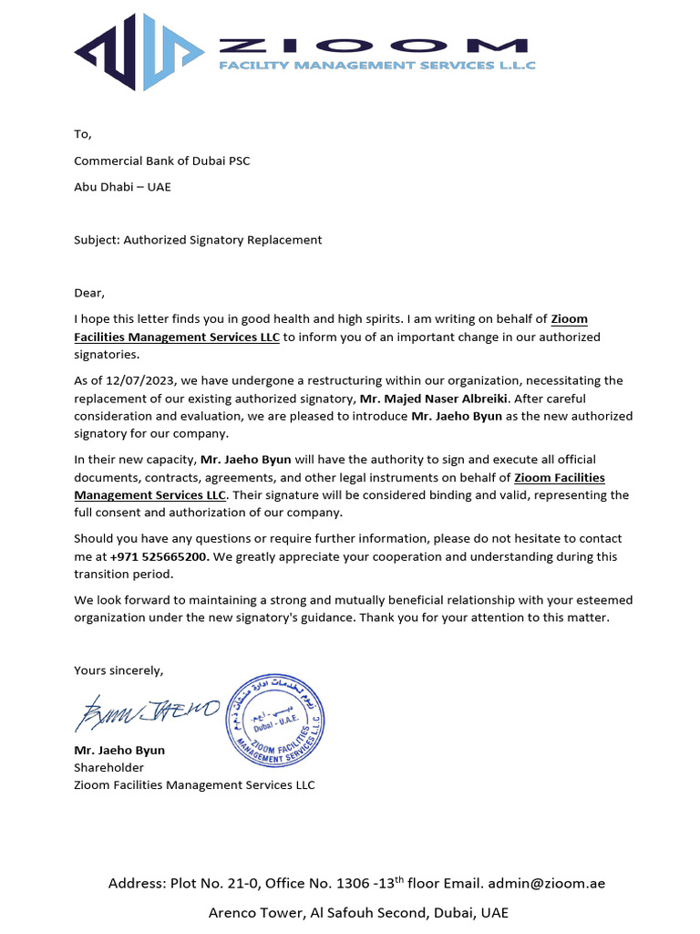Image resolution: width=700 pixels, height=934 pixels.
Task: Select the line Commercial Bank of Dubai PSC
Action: pyautogui.click(x=161, y=161)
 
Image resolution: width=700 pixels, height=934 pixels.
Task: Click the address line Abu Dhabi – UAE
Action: pyautogui.click(x=122, y=187)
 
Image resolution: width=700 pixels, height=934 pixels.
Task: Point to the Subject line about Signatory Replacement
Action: pyautogui.click(x=198, y=240)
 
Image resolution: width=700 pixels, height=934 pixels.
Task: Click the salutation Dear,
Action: pyautogui.click(x=89, y=293)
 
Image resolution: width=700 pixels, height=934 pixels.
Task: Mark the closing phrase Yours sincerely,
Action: pyautogui.click(x=118, y=670)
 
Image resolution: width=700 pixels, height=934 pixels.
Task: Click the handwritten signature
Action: pyautogui.click(x=147, y=711)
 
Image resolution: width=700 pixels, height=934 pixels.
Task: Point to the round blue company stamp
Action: pyautogui.click(x=274, y=719)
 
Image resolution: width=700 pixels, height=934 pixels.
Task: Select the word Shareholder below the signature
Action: pyautogui.click(x=108, y=767)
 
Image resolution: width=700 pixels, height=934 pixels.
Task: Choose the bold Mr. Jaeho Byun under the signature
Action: pyautogui.click(x=119, y=750)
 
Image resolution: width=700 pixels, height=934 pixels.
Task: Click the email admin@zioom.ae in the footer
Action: pyautogui.click(x=546, y=883)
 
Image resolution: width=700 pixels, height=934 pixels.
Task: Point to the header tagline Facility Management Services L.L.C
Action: pyautogui.click(x=377, y=66)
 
